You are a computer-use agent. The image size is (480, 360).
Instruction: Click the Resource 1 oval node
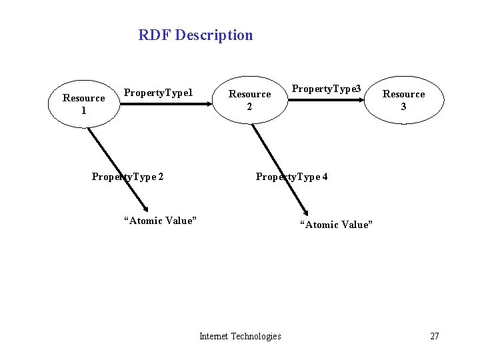coord(84,104)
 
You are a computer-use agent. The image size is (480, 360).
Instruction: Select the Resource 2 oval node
coord(250,100)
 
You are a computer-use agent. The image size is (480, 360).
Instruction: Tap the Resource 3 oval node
coord(403,100)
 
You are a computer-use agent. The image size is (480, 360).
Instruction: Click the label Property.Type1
coord(159,93)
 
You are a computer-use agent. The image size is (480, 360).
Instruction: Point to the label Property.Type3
coord(327,89)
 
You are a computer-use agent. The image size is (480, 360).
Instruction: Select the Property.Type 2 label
coord(128,177)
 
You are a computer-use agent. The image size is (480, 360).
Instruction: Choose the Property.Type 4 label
coord(291,177)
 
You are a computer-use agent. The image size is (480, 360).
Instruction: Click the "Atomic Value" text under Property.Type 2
coord(160,221)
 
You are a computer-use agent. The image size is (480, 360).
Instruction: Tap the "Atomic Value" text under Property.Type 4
coord(336,225)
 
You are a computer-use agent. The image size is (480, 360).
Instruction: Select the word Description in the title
coord(214,35)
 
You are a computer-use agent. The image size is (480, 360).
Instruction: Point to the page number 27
coord(434,336)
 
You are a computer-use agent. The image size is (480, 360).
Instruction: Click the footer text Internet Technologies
coord(240,336)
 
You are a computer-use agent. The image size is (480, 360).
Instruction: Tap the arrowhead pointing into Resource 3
coord(364,101)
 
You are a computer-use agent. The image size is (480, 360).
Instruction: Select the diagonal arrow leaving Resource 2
coord(279,167)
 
